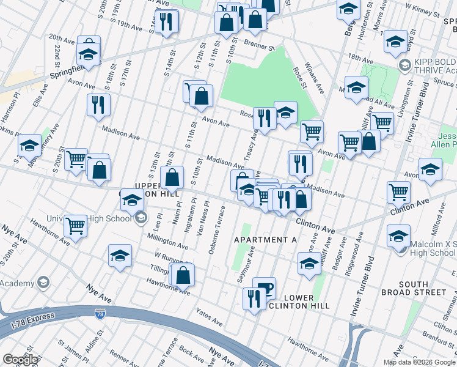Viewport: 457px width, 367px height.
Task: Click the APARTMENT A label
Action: pyautogui.click(x=265, y=240)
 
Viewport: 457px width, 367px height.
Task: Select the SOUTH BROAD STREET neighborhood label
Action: pyautogui.click(x=422, y=288)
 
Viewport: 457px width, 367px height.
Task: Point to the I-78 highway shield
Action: pyautogui.click(x=100, y=314)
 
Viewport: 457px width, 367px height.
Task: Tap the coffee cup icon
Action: pyautogui.click(x=264, y=287)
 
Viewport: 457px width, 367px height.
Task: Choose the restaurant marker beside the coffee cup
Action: pyautogui.click(x=252, y=298)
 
